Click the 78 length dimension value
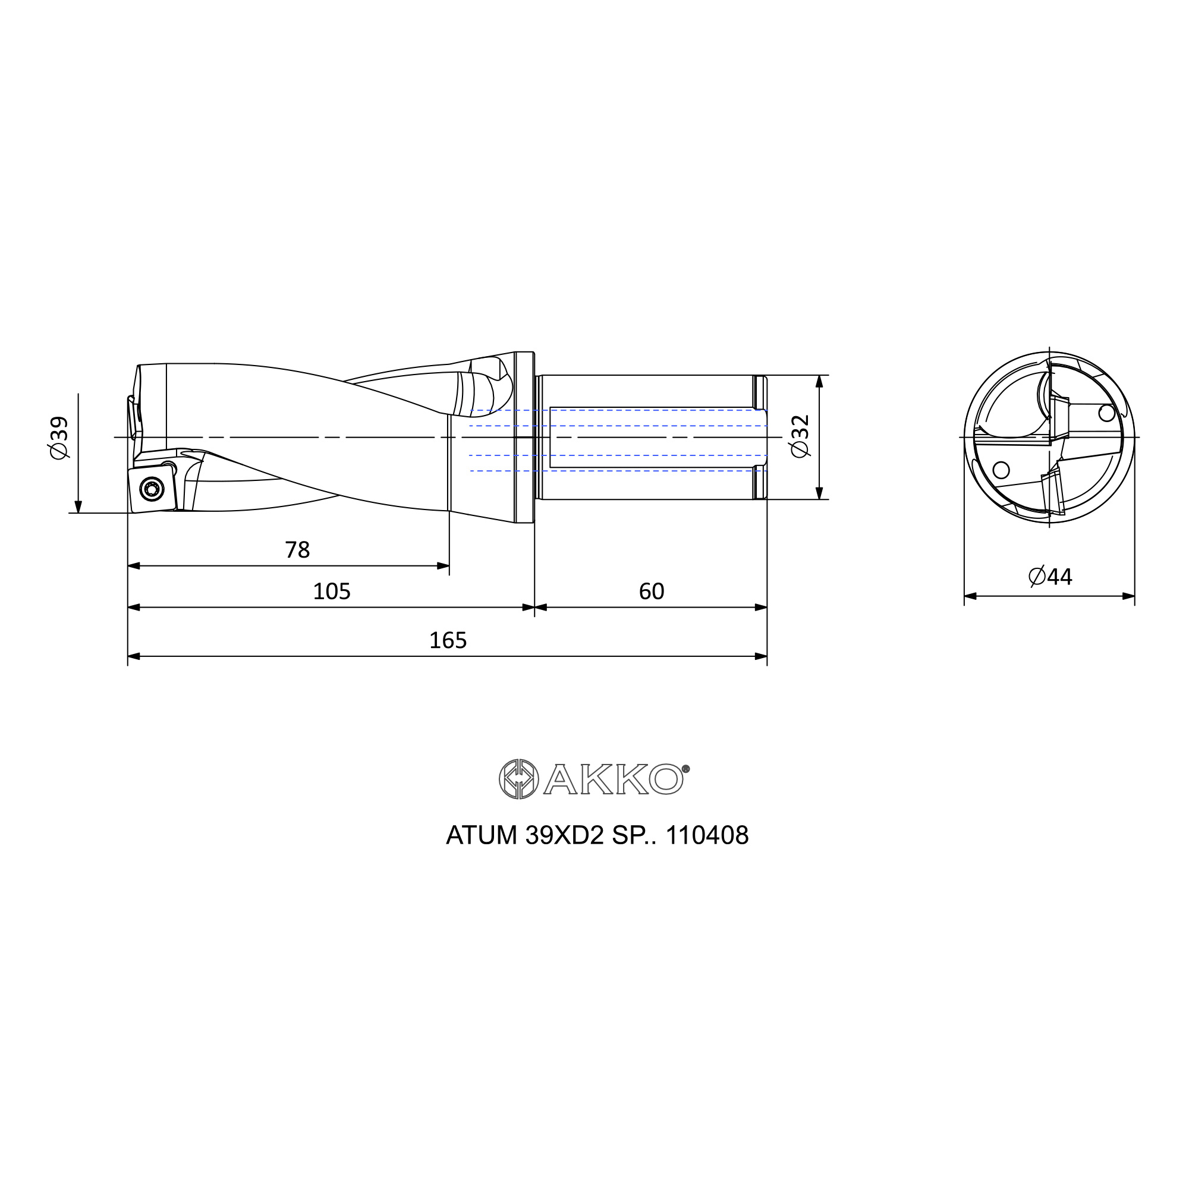[x=297, y=550]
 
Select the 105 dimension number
[x=332, y=592]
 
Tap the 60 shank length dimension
[x=651, y=592]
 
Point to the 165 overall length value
[x=448, y=641]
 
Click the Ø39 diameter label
[x=59, y=438]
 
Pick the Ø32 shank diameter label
[x=801, y=436]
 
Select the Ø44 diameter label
[x=1050, y=577]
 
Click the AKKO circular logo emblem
[x=519, y=779]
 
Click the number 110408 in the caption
[x=707, y=836]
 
